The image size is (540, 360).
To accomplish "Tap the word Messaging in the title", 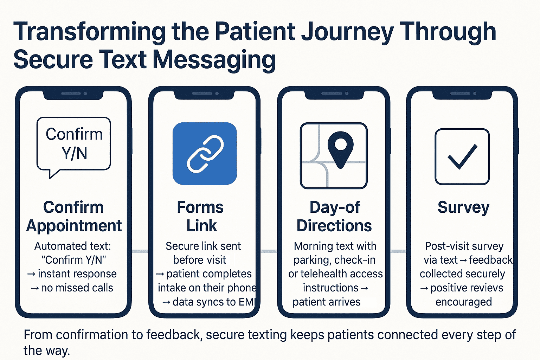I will pyautogui.click(x=214, y=60).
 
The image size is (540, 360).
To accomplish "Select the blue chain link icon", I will pyautogui.click(x=205, y=154).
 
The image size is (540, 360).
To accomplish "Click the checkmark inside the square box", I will pyautogui.click(x=462, y=156).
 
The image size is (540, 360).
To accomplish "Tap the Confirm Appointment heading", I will pyautogui.click(x=74, y=216).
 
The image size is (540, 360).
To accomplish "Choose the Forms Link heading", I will pyautogui.click(x=201, y=216).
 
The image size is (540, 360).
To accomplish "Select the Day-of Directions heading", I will pyautogui.click(x=334, y=216).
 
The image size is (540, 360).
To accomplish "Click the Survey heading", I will pyautogui.click(x=463, y=207).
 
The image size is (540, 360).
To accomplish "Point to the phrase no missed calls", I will pyautogui.click(x=77, y=288).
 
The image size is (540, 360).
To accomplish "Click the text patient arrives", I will pyautogui.click(x=326, y=302).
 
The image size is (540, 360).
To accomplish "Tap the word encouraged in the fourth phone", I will pyautogui.click(x=463, y=302).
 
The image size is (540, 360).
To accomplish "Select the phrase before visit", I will pyautogui.click(x=199, y=260).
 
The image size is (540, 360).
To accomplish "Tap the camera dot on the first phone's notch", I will pyautogui.click(x=85, y=94).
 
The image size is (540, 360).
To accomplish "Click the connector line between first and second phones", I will pyautogui.click(x=140, y=251).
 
